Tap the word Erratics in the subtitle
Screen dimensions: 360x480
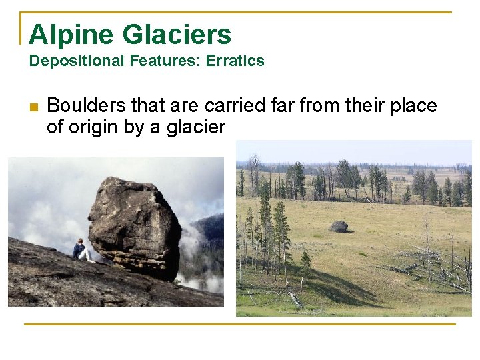235,61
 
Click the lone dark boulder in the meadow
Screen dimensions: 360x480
339,227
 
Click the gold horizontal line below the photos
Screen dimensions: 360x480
240,325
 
